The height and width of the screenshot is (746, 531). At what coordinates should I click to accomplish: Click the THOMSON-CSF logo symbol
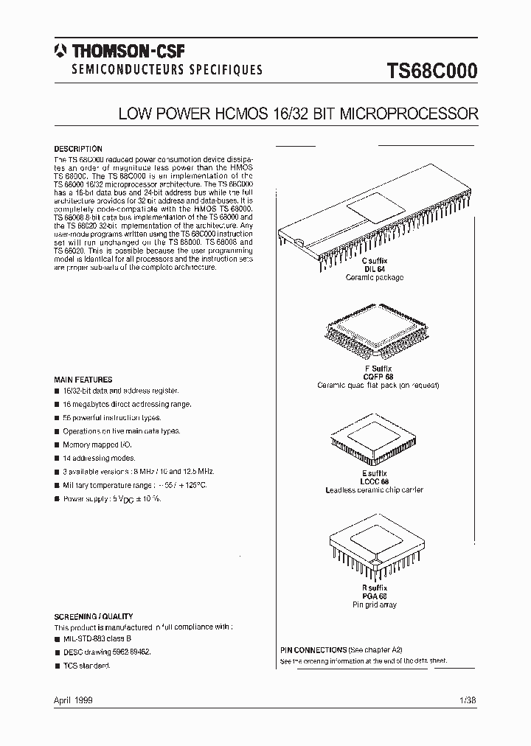(58, 51)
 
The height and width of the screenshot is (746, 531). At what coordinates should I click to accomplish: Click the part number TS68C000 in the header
(432, 71)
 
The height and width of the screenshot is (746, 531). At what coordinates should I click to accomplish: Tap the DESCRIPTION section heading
(78, 149)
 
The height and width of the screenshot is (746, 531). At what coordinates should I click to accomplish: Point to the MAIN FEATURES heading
(83, 380)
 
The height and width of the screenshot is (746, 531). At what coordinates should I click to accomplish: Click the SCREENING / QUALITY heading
(94, 616)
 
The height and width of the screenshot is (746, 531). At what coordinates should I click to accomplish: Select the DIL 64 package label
(375, 269)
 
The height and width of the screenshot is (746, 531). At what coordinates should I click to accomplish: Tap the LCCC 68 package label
(375, 481)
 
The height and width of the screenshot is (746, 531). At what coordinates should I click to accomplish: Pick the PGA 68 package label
(375, 596)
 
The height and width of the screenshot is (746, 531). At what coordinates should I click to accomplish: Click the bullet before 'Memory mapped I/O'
(57, 445)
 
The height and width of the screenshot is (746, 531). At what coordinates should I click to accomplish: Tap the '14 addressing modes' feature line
(99, 459)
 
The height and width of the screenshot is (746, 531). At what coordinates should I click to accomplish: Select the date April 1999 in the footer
(74, 700)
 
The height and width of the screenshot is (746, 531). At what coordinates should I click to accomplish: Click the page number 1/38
(468, 700)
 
